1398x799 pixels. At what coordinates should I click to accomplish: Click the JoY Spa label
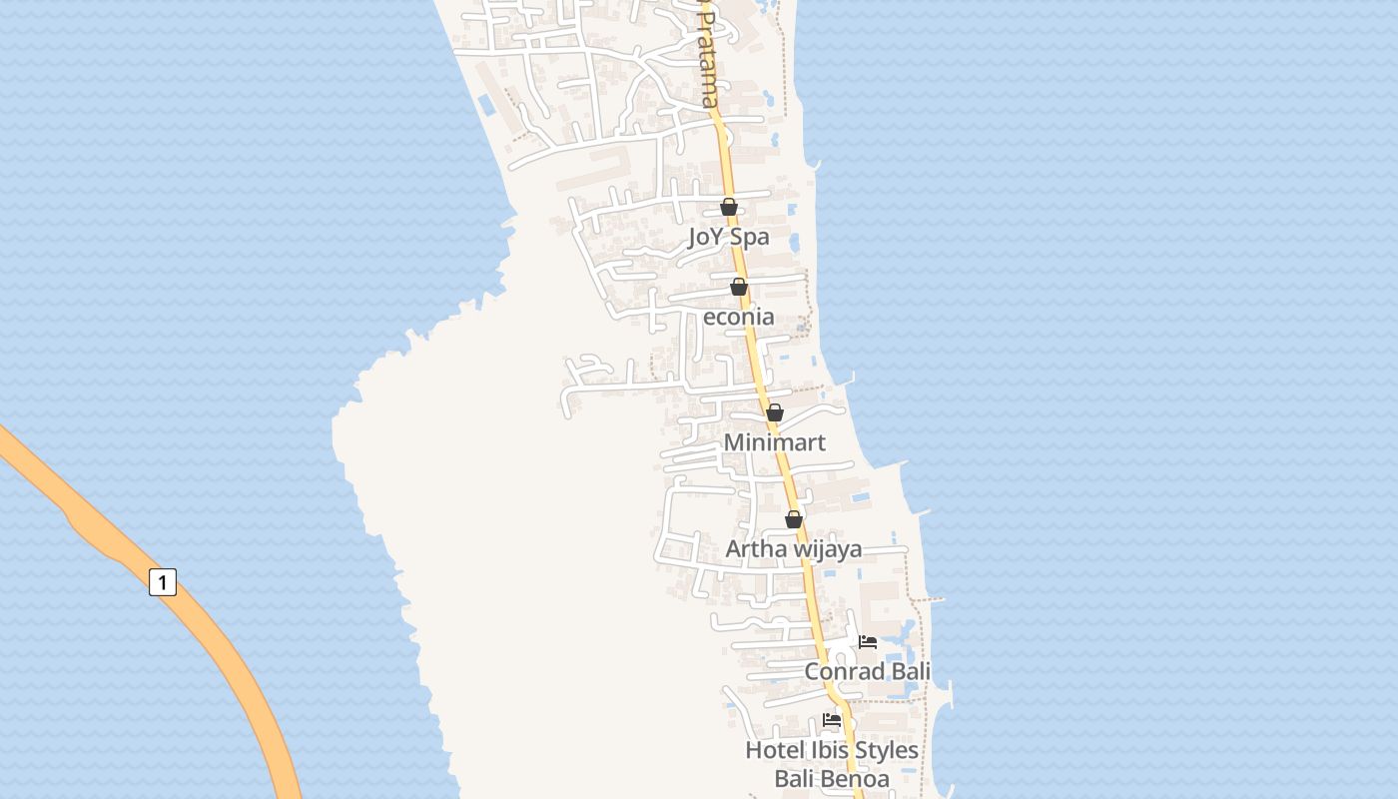coord(729,238)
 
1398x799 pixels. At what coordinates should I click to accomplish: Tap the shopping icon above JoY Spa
coord(729,208)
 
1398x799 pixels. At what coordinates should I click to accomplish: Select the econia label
coord(739,318)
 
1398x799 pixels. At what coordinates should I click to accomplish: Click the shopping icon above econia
coord(739,288)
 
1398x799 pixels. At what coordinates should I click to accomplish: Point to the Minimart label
coord(775,442)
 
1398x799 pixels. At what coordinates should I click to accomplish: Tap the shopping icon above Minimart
coord(775,412)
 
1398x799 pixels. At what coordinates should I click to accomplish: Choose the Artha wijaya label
coord(794,549)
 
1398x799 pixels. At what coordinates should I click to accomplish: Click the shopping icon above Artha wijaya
coord(794,519)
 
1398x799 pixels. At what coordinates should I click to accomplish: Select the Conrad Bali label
coord(868,671)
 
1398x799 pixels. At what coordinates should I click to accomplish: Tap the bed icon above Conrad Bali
coord(868,642)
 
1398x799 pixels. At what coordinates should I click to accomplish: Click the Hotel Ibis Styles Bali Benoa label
coord(832,764)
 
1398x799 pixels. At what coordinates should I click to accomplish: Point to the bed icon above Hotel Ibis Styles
coord(832,720)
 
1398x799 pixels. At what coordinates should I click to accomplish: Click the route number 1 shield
coord(163,581)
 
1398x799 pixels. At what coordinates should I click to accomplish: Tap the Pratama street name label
coord(708,60)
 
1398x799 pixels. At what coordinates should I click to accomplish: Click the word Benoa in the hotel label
coord(857,779)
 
